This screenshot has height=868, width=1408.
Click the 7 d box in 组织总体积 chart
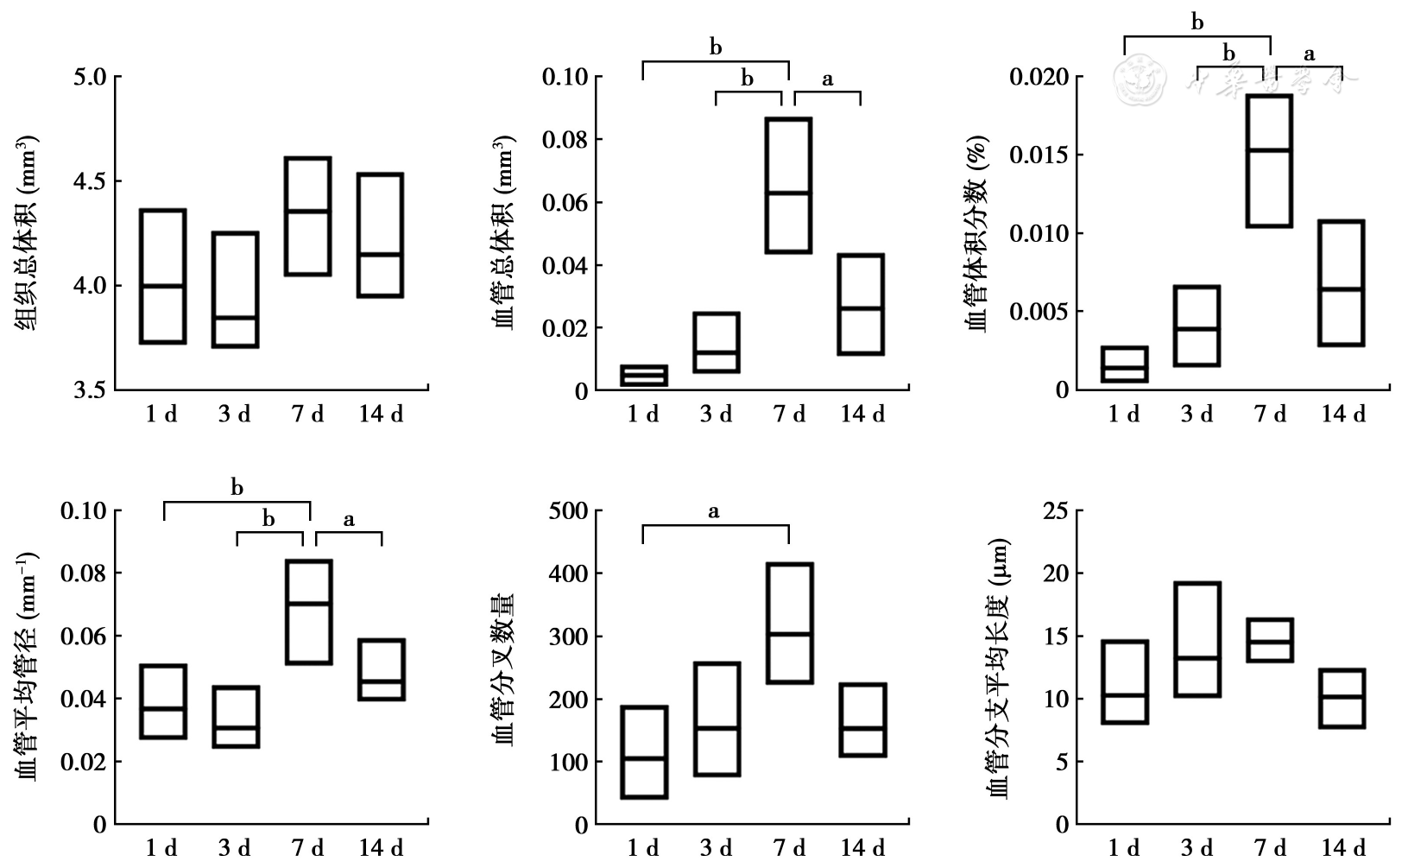click(308, 216)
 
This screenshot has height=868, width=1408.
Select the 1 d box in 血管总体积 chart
click(644, 376)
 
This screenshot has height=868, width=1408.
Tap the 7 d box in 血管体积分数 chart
click(1269, 161)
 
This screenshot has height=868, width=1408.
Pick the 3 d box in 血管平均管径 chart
click(236, 717)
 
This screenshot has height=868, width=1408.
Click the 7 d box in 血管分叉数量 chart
click(789, 623)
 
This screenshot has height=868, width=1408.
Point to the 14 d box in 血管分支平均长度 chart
click(1342, 698)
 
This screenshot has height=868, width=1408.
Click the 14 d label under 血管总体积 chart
click(862, 415)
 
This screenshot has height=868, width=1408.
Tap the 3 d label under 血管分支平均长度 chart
click(1196, 848)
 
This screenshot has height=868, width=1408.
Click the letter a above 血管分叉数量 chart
click(714, 512)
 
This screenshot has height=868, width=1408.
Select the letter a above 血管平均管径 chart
click(349, 520)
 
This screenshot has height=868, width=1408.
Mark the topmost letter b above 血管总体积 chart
click(716, 48)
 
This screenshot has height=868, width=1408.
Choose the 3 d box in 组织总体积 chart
click(236, 289)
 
